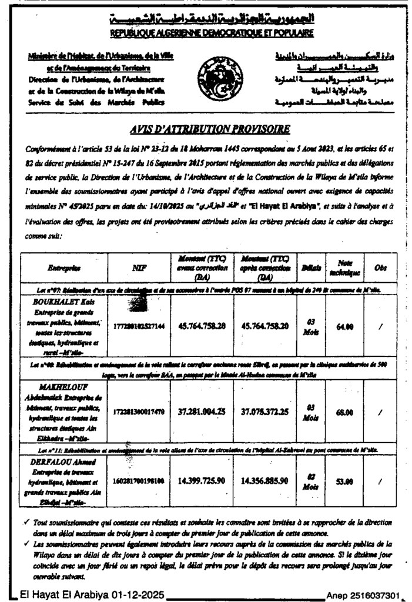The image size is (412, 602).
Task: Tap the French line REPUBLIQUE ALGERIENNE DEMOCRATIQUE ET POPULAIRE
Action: (x=212, y=33)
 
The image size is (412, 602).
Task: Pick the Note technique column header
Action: (x=345, y=267)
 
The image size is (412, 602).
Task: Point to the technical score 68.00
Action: (x=344, y=412)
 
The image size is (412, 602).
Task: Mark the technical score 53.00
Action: (x=344, y=480)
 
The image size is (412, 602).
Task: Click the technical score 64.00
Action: (x=344, y=326)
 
